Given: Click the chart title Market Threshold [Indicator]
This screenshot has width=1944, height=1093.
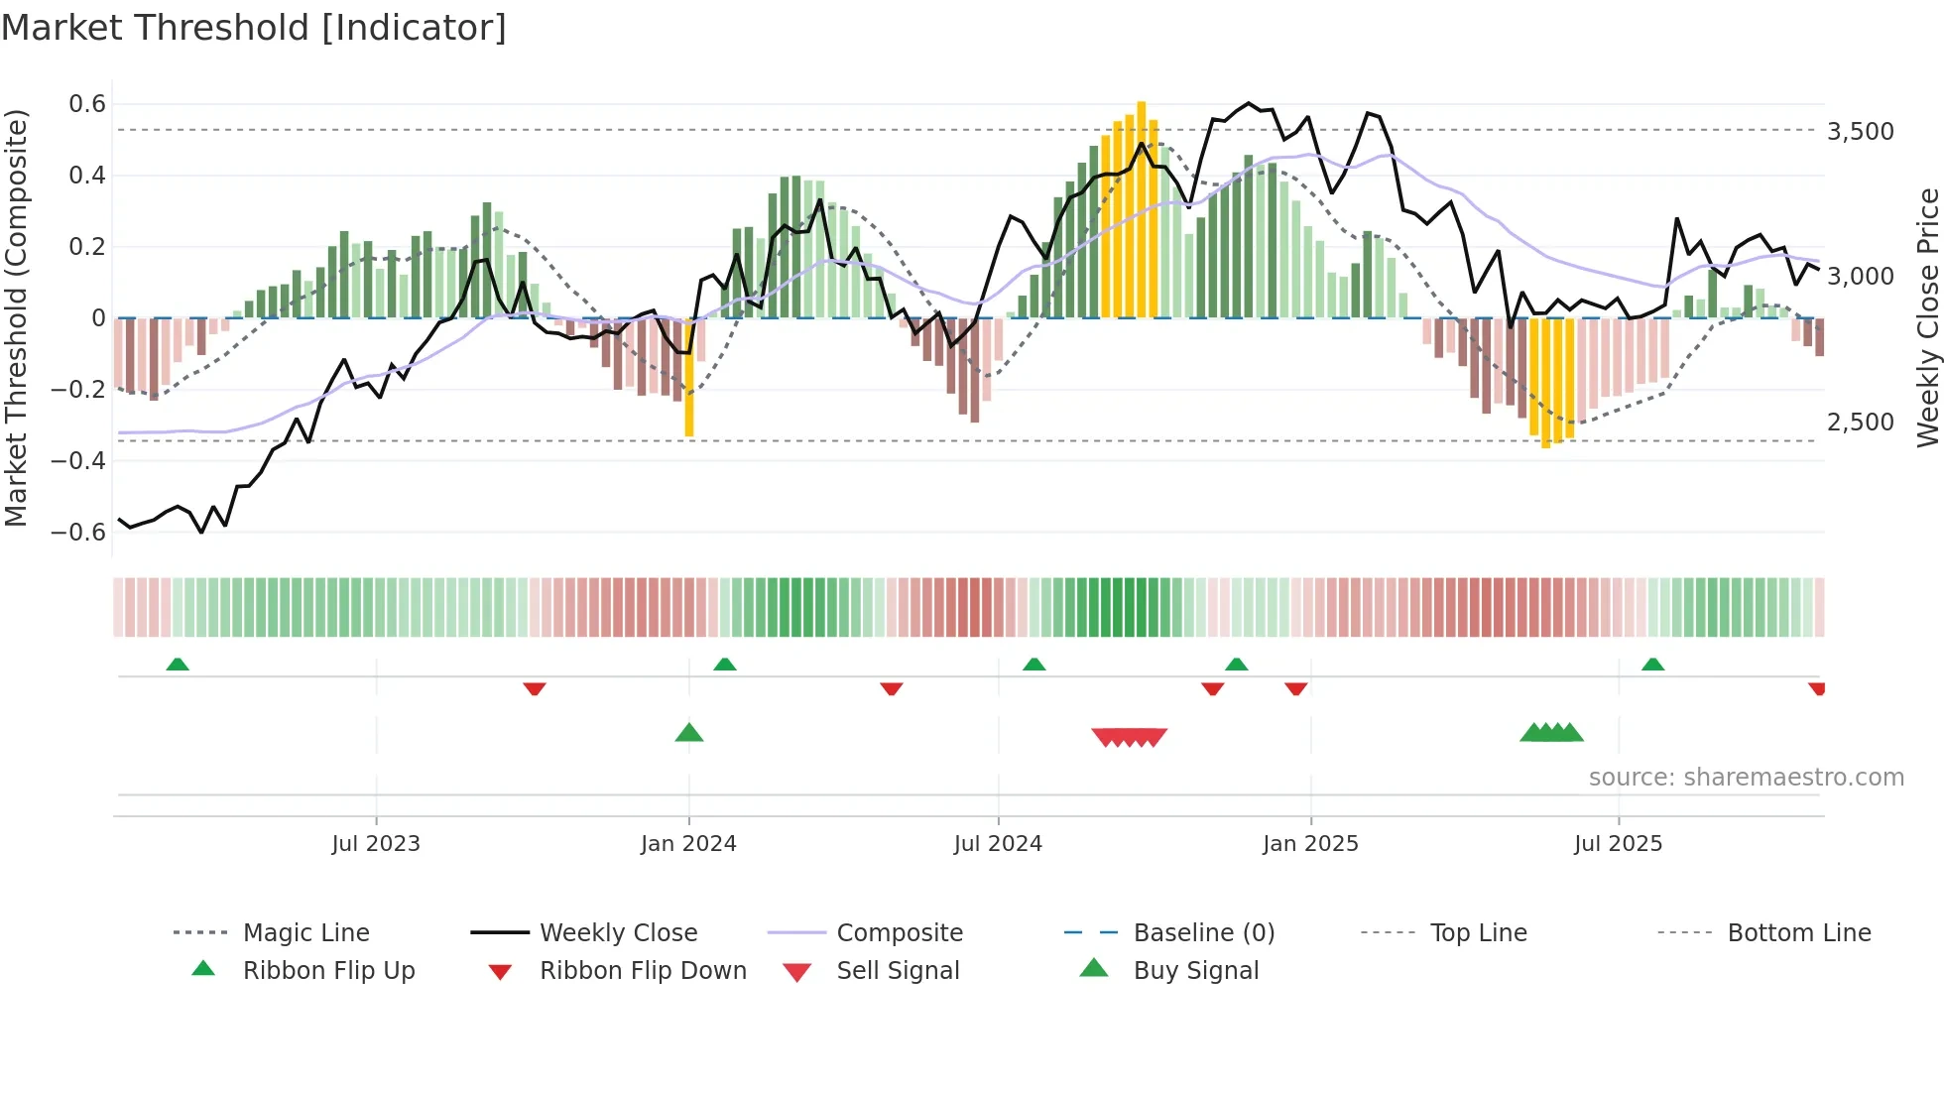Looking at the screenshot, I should pyautogui.click(x=254, y=28).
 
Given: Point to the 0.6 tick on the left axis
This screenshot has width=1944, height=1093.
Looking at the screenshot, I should pyautogui.click(x=87, y=104).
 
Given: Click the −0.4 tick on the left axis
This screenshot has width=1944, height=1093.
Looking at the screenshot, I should pyautogui.click(x=79, y=460).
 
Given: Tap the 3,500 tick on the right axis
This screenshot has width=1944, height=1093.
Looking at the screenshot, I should pyautogui.click(x=1861, y=132).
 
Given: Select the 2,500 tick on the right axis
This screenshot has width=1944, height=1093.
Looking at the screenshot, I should pyautogui.click(x=1861, y=423).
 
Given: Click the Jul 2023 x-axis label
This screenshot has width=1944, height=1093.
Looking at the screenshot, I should pyautogui.click(x=376, y=844).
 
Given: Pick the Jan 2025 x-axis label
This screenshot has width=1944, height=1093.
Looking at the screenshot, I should pyautogui.click(x=1310, y=844).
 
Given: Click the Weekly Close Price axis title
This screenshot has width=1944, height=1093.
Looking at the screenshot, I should pyautogui.click(x=1927, y=317).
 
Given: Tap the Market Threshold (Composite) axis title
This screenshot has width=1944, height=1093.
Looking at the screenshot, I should pyautogui.click(x=16, y=317).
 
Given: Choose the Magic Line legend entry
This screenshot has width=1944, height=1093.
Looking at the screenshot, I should pyautogui.click(x=305, y=933).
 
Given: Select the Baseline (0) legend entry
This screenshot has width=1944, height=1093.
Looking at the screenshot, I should pyautogui.click(x=1203, y=933).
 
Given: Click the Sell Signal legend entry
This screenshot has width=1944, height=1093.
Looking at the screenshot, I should pyautogui.click(x=898, y=971).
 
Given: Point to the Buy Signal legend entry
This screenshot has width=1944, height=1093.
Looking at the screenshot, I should pyautogui.click(x=1195, y=971).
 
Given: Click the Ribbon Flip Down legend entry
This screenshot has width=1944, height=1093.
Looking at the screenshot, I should pyautogui.click(x=643, y=971).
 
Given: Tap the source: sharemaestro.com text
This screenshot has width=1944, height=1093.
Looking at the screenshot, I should pyautogui.click(x=1746, y=778).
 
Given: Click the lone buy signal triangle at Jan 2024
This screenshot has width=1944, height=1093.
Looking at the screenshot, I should pyautogui.click(x=689, y=734).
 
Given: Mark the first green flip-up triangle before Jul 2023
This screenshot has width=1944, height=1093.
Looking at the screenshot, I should pyautogui.click(x=178, y=665).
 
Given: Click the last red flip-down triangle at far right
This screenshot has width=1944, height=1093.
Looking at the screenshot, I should pyautogui.click(x=1817, y=688).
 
